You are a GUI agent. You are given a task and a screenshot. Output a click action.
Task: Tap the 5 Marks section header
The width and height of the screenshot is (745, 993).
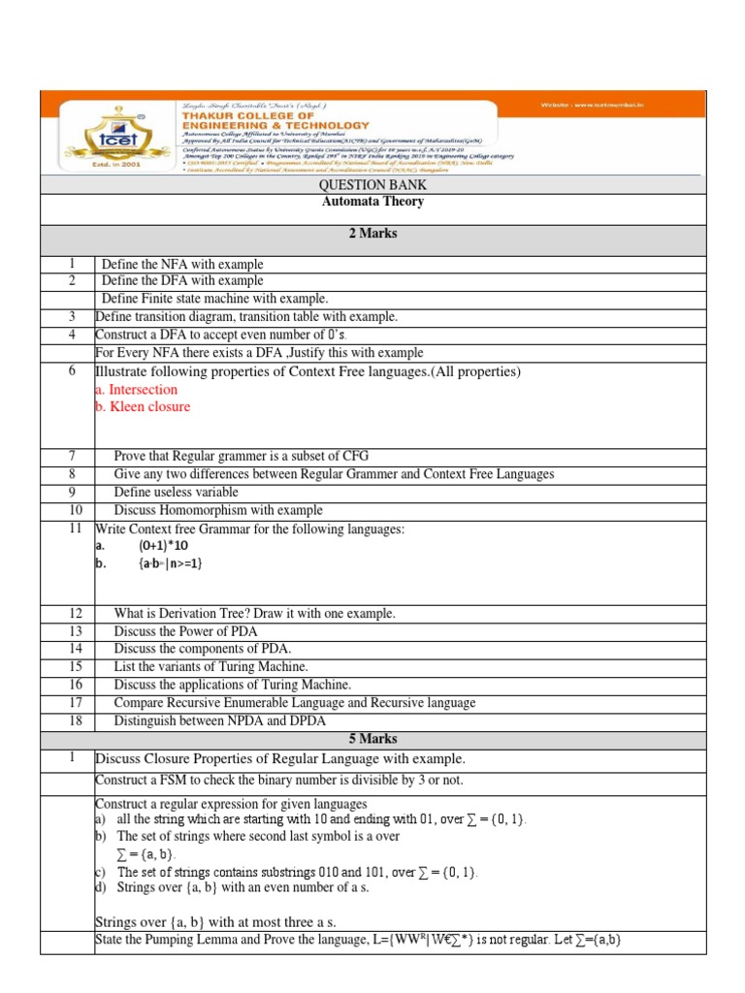click(372, 738)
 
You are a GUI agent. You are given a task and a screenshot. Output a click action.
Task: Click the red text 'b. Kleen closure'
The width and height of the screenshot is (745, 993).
click(143, 407)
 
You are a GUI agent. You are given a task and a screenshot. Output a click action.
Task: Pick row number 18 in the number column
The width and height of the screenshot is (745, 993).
click(71, 721)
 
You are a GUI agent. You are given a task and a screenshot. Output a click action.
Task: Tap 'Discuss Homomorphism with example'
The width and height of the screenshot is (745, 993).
click(218, 510)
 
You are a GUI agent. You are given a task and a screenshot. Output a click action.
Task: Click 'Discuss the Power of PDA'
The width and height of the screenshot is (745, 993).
click(187, 632)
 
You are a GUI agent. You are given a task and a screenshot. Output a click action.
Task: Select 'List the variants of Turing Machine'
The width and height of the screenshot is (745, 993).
click(211, 667)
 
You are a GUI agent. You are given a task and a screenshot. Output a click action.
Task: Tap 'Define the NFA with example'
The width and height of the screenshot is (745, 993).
click(182, 264)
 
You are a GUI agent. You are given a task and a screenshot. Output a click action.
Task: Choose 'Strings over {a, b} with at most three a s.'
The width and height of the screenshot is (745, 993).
click(215, 922)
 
